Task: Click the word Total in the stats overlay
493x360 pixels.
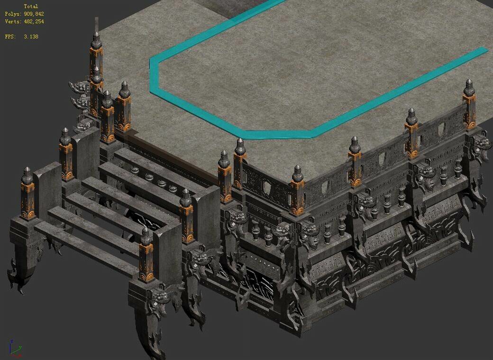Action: tap(31, 6)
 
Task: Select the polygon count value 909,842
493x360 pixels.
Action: tap(34, 14)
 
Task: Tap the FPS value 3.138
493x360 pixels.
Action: tap(31, 36)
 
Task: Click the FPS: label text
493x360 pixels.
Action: tap(10, 36)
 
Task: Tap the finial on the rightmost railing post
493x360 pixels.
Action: tap(469, 88)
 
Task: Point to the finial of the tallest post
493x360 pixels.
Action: tap(96, 40)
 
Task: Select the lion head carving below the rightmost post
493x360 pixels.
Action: tap(480, 142)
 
